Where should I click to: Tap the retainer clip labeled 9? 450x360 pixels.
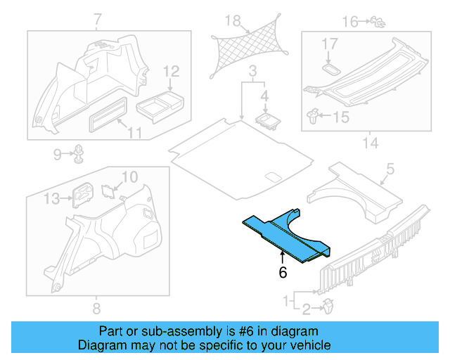[x=79, y=152]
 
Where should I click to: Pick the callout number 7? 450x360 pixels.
[x=96, y=19]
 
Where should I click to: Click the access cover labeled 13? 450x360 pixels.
[x=82, y=195]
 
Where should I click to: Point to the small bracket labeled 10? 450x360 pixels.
[x=108, y=189]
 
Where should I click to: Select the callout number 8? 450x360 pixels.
[x=96, y=308]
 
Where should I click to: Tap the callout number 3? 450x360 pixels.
[x=252, y=71]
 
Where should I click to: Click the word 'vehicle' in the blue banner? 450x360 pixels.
[x=304, y=345]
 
